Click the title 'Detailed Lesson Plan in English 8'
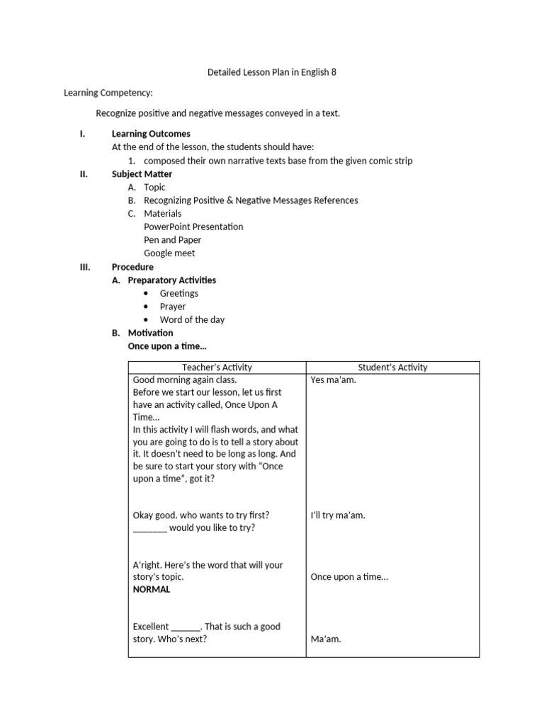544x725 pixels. (272, 72)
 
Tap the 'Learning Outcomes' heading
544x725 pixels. (151, 133)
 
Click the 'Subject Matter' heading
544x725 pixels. (142, 173)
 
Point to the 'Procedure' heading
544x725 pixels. (132, 267)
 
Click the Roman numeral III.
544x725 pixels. (86, 267)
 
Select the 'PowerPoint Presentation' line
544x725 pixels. (193, 227)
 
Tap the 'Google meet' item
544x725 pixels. (169, 253)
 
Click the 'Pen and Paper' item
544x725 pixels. (173, 240)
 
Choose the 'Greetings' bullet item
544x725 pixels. (178, 293)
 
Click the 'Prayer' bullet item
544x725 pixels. (172, 307)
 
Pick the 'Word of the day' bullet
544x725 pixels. (192, 319)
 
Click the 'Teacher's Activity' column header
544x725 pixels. (217, 367)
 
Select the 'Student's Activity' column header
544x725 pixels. (392, 367)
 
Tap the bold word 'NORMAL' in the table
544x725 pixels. (152, 589)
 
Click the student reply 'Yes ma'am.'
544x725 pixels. (333, 380)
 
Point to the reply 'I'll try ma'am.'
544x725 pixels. (338, 515)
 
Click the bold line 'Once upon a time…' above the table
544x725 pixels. (167, 346)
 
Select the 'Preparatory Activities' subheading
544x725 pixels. (172, 280)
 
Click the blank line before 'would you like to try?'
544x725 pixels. (149, 528)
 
